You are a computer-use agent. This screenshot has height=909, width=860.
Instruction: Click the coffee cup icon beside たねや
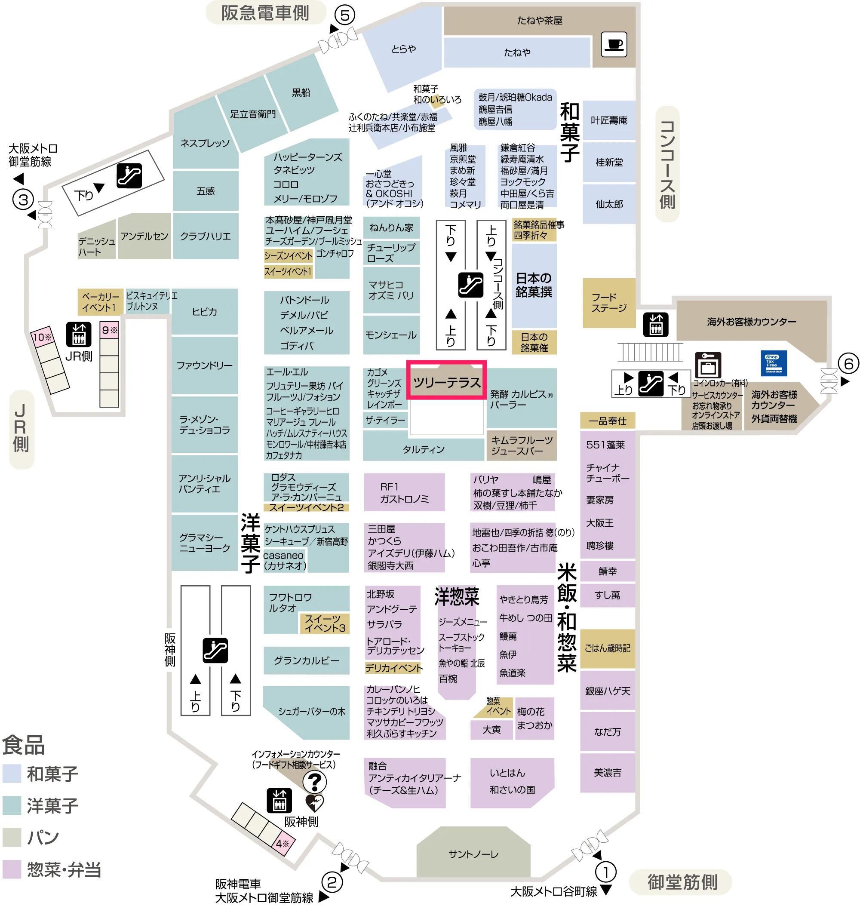coord(614,44)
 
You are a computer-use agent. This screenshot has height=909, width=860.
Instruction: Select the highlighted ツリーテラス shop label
coord(446,382)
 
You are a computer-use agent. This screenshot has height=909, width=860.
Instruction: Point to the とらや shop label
coord(403,49)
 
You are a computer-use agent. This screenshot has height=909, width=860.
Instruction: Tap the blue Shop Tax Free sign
coord(774,363)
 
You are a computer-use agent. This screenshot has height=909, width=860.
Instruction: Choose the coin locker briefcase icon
coord(708,365)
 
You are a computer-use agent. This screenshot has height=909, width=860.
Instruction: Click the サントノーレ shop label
coord(473,854)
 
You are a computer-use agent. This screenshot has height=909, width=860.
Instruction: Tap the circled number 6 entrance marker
coord(848,363)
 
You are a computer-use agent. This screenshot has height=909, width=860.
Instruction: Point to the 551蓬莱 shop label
coord(605,445)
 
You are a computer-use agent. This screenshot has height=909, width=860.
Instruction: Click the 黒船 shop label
coord(301,92)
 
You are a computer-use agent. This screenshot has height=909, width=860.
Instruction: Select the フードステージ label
coord(608,303)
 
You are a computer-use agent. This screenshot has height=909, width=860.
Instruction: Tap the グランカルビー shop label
coord(306,660)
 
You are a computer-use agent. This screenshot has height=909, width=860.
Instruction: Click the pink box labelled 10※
coord(42,337)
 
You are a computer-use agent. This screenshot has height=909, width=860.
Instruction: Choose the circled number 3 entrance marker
coord(23,200)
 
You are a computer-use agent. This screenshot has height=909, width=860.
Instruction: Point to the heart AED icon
coord(314,803)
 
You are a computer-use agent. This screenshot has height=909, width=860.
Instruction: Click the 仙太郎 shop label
coord(609,204)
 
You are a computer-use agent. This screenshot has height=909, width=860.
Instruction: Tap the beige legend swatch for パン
coord(12,837)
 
